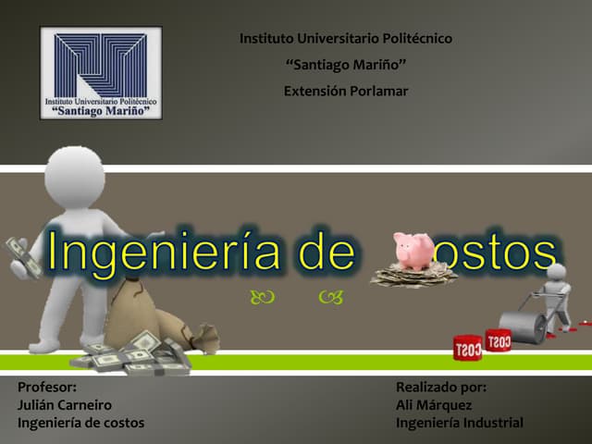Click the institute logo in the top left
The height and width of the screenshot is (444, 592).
pos(101,73)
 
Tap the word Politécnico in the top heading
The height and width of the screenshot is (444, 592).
pos(413,39)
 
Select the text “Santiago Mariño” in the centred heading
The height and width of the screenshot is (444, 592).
pos(346,65)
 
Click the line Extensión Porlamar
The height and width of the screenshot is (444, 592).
pos(345,91)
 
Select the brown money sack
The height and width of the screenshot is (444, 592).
pos(139,314)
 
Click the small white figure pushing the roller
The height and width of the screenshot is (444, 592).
pos(556,291)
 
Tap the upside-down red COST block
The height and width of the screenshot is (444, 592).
pos(467,348)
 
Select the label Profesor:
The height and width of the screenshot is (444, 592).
pos(47,388)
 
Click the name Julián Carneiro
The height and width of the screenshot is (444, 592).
pos(65,405)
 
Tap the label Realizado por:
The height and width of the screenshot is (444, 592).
pos(441,388)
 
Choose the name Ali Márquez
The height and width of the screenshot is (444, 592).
pos(434,405)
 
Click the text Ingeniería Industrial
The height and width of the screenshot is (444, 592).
pos(459,423)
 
